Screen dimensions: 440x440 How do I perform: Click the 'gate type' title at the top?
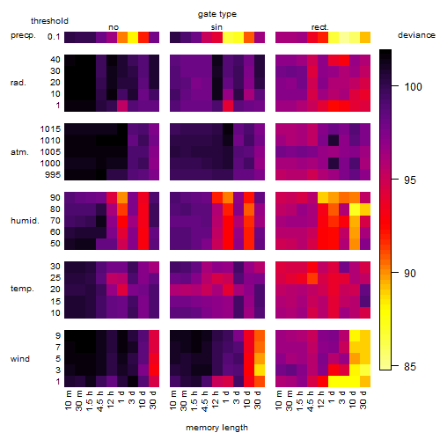coord(217,14)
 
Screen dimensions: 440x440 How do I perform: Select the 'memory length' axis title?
coord(216,428)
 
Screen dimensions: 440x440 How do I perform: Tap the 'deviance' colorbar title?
coord(416,35)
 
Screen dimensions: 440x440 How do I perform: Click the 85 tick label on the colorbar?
coord(410,366)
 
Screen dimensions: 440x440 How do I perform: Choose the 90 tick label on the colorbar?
coord(410,273)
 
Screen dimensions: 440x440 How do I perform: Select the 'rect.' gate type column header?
coord(319,27)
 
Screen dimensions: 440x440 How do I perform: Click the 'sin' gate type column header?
coord(216,27)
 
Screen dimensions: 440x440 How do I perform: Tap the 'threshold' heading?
coord(49,21)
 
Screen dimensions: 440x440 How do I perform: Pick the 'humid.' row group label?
coord(25,221)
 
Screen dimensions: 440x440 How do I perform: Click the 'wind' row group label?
coord(20,359)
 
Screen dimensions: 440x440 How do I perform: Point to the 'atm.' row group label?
coord(19,152)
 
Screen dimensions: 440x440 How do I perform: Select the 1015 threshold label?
coord(50,129)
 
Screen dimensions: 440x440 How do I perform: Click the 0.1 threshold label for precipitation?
coord(54,37)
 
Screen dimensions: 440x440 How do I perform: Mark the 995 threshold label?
coord(53,175)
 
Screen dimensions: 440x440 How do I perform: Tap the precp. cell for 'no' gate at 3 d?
coord(133,37)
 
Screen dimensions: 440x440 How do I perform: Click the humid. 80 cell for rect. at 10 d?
coord(355,209)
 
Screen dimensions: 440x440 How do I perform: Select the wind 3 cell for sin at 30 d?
coord(260,370)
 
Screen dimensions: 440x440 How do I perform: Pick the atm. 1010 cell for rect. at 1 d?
coord(334,140)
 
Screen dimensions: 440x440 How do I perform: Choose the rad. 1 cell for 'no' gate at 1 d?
coord(122,106)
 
